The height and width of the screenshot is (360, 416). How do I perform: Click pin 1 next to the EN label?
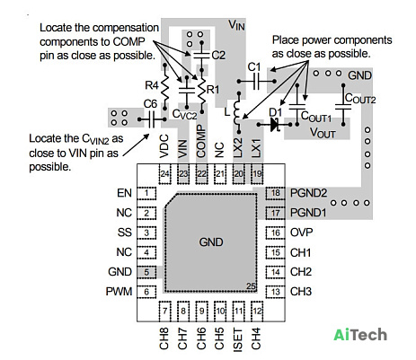[x=146, y=193]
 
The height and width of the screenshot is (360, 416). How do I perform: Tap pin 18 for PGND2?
[x=275, y=193]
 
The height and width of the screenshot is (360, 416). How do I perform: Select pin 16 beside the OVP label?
[x=275, y=233]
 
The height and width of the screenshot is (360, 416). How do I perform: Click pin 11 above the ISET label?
[x=238, y=311]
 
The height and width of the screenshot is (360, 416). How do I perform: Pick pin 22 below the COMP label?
[x=201, y=174]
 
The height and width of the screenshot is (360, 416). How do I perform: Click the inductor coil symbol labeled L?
[x=237, y=112]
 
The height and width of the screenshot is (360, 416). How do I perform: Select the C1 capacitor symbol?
[x=256, y=81]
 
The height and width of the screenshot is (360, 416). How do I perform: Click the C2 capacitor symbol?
[x=201, y=55]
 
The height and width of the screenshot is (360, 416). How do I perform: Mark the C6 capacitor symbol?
[x=152, y=119]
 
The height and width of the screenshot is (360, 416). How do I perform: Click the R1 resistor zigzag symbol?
[x=202, y=91]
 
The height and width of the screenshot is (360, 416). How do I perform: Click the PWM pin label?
[x=119, y=292]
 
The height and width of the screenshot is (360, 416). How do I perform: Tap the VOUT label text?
[x=323, y=133]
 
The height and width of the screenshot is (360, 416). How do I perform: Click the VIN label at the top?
[x=236, y=25]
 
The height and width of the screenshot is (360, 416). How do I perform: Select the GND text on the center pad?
[x=211, y=242]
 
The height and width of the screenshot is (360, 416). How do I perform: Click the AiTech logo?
[x=360, y=335]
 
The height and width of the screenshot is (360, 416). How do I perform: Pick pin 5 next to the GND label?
[x=146, y=272]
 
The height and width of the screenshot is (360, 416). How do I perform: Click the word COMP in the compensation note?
[x=128, y=41]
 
